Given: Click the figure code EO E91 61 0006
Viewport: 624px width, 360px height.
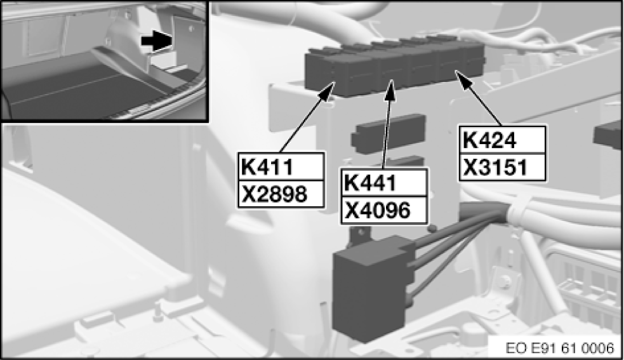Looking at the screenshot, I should [x=559, y=347].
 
